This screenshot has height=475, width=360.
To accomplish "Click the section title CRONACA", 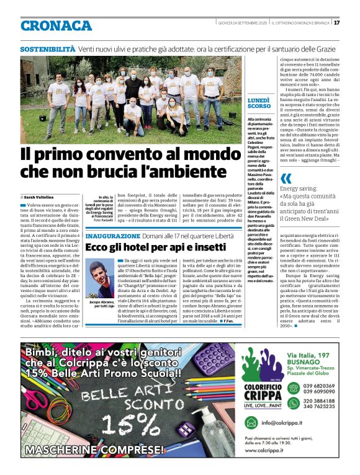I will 56,25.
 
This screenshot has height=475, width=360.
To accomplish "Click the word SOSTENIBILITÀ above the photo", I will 47,49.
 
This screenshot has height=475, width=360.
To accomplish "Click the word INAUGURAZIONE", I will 113,236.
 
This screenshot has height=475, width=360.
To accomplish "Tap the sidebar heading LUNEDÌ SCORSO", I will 258,103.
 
